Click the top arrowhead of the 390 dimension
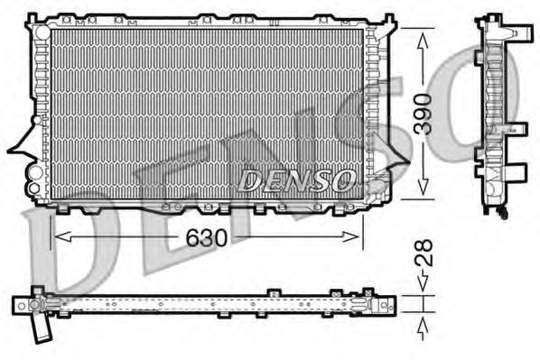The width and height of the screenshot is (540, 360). (x=422, y=32)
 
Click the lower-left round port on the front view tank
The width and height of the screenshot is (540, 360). (x=34, y=187)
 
